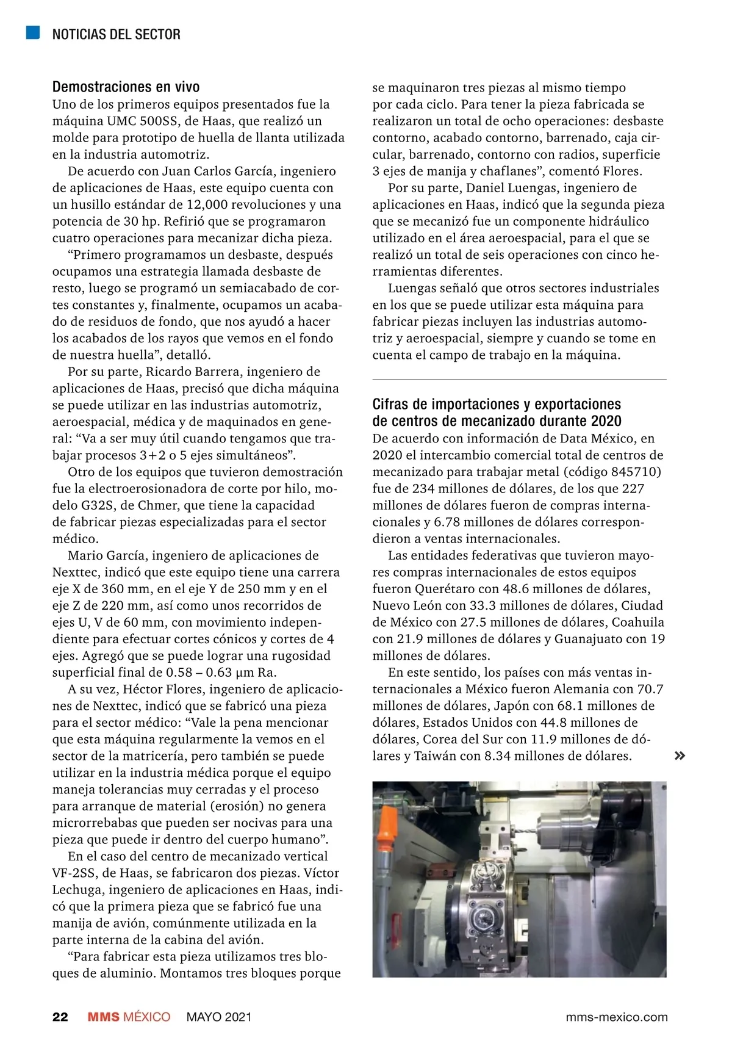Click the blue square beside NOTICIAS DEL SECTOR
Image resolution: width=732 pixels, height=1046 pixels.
(33, 33)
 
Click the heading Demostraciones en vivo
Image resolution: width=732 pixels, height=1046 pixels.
(126, 87)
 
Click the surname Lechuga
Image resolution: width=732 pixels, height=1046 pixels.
(78, 890)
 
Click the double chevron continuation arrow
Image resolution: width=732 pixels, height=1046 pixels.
(680, 756)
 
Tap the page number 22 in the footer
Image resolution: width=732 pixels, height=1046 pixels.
(60, 1017)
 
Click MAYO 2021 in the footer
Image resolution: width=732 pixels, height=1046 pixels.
(218, 1017)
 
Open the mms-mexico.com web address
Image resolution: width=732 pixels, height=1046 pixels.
(616, 1017)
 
